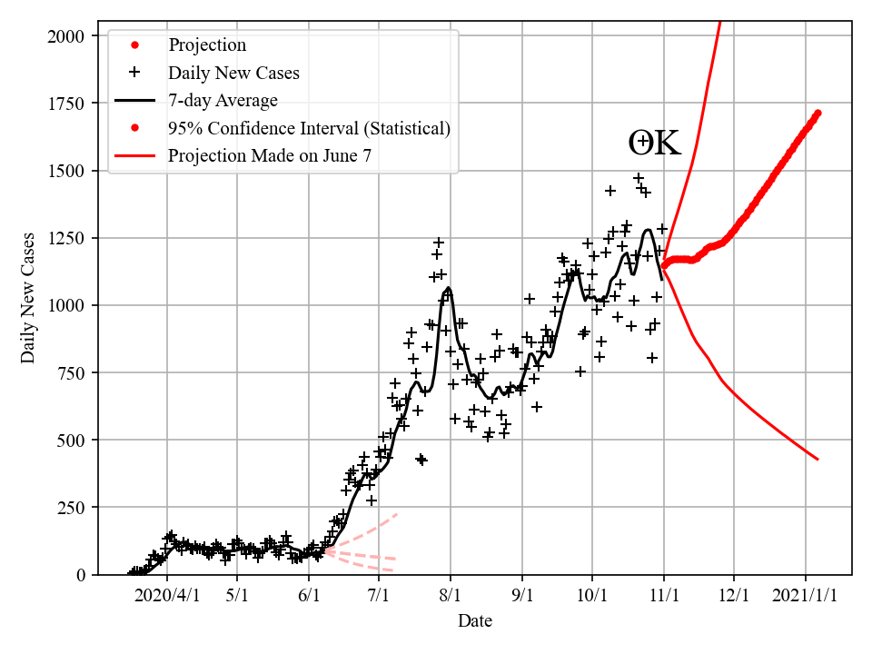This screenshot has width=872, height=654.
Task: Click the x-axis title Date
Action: pyautogui.click(x=475, y=621)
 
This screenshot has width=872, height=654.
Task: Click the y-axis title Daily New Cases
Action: pyautogui.click(x=28, y=298)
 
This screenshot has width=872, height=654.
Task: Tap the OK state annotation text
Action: pyautogui.click(x=654, y=144)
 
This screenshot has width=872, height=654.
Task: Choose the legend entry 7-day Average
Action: pyautogui.click(x=223, y=100)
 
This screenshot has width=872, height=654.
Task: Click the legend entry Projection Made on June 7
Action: pyautogui.click(x=269, y=155)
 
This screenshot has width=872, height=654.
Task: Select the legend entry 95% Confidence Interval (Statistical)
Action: pyautogui.click(x=309, y=128)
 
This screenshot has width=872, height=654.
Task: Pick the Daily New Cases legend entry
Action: pyautogui.click(x=233, y=73)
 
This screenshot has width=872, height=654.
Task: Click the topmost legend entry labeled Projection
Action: pyautogui.click(x=207, y=45)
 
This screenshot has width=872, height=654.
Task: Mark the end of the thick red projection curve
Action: pyautogui.click(x=818, y=113)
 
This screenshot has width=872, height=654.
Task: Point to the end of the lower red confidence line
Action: pyautogui.click(x=818, y=460)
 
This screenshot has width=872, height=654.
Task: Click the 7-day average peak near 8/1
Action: pyautogui.click(x=449, y=288)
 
